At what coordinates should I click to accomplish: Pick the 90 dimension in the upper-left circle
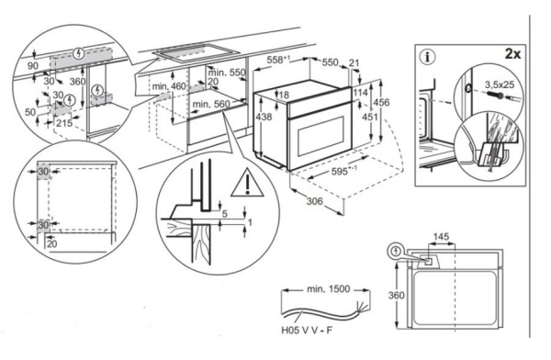point(34,66)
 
